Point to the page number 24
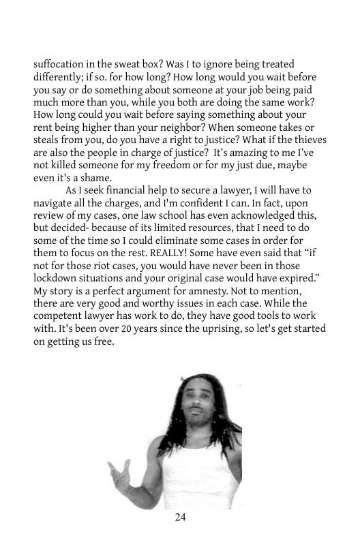point(180,518)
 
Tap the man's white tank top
point(205,477)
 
